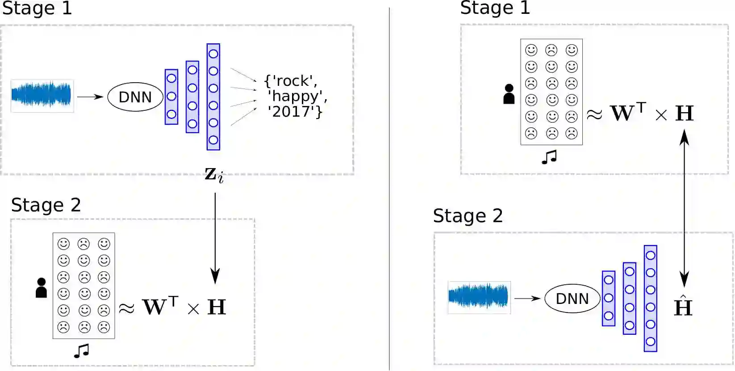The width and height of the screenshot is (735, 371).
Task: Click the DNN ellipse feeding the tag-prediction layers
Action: (x=135, y=97)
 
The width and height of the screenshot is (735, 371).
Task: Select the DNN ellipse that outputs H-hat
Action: (x=572, y=298)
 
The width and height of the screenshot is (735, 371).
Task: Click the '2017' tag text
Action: (x=292, y=111)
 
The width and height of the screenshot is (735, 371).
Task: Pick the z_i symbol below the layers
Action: (x=214, y=175)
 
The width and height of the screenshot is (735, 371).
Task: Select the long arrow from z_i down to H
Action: (x=215, y=237)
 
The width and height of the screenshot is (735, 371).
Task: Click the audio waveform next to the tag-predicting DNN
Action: (x=42, y=96)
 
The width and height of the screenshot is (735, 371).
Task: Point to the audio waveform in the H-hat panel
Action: (x=479, y=297)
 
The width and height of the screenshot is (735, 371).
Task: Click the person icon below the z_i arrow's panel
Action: (x=41, y=288)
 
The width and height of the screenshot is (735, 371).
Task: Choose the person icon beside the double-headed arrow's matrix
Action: (x=509, y=94)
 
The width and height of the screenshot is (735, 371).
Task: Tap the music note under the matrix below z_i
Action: (x=82, y=351)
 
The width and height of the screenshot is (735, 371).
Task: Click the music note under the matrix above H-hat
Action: (x=549, y=157)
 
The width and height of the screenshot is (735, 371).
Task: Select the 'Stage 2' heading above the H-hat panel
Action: (x=468, y=216)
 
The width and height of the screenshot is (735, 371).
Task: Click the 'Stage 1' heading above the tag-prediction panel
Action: (x=37, y=8)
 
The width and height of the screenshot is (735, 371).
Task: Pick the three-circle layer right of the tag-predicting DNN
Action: (x=171, y=97)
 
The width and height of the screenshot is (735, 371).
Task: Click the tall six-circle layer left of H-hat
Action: (x=650, y=298)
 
